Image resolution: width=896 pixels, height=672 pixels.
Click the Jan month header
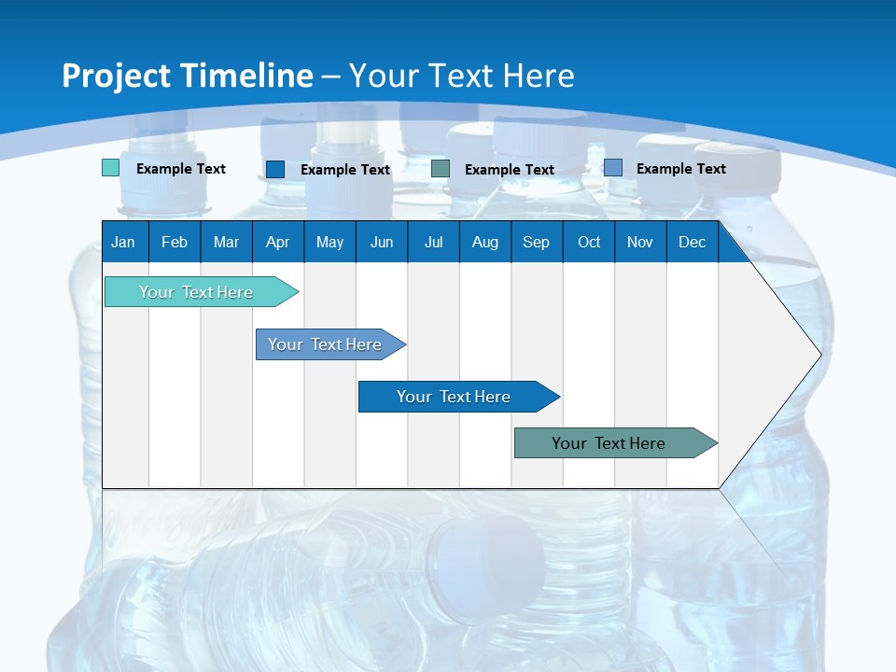(x=123, y=242)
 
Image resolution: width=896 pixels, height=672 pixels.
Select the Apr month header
(x=277, y=242)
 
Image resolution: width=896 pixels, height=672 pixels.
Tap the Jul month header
(x=433, y=242)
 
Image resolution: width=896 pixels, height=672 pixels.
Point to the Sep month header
(x=536, y=242)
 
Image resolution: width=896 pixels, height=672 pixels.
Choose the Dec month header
(x=692, y=242)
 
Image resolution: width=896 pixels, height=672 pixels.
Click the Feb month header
(x=175, y=242)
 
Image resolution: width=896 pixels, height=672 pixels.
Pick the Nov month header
(x=639, y=242)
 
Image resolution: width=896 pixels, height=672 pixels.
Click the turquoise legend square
(x=110, y=168)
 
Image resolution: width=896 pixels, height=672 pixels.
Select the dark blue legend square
(x=274, y=169)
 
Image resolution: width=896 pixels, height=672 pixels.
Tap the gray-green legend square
(x=441, y=169)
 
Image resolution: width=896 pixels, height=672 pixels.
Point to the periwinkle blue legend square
(x=612, y=168)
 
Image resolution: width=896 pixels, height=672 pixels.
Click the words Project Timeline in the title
(x=187, y=76)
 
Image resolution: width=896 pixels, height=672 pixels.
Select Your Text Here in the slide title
(x=461, y=76)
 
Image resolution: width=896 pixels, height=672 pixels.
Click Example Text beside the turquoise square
(x=181, y=169)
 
